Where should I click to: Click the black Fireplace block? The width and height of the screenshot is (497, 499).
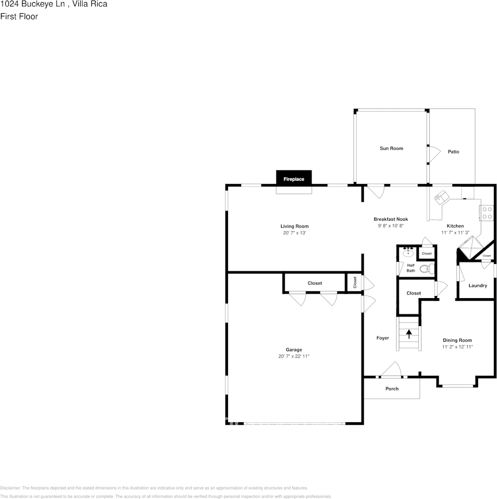(x=294, y=178)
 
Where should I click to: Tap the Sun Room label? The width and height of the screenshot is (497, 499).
(x=391, y=148)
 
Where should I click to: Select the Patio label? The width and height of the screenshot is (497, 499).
(x=453, y=151)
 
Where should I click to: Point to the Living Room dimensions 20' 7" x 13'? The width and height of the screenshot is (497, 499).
(x=294, y=232)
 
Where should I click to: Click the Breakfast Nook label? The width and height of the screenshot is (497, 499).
(x=390, y=219)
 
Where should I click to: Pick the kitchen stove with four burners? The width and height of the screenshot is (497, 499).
(x=487, y=212)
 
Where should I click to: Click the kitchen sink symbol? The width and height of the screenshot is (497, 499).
(x=441, y=197)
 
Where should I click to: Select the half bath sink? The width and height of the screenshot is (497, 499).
(x=408, y=253)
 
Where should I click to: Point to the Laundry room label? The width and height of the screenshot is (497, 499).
(x=478, y=286)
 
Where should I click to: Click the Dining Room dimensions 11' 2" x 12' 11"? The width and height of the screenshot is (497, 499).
(x=457, y=347)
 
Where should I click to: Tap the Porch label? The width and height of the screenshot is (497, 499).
(x=392, y=389)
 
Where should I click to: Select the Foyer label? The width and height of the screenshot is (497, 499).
(x=382, y=338)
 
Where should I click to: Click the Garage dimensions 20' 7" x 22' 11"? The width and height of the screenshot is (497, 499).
(x=294, y=356)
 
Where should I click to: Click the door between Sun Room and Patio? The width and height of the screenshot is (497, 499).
(x=433, y=154)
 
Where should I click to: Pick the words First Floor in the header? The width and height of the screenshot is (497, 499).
(x=19, y=16)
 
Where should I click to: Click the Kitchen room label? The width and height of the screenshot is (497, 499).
(x=455, y=226)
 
